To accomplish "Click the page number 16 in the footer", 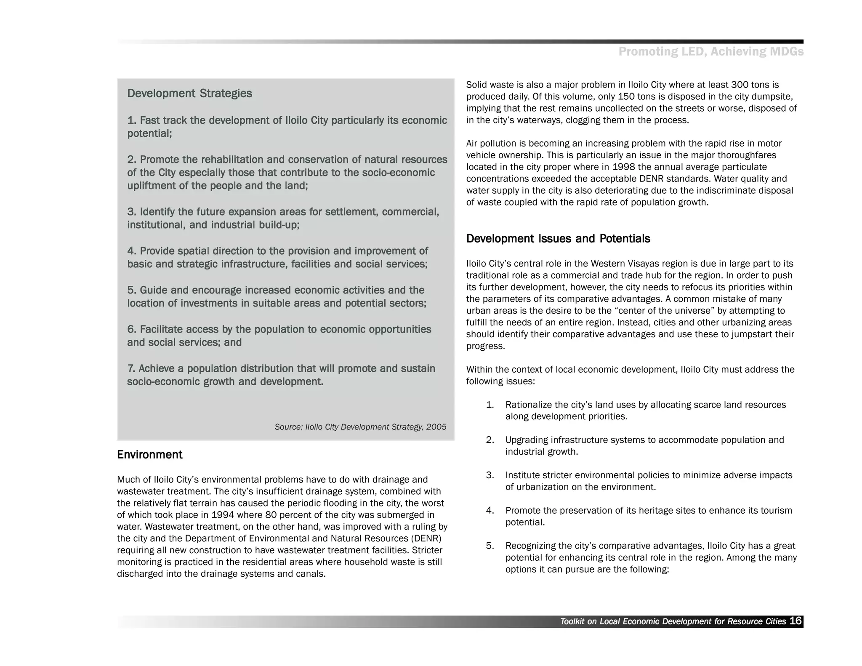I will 795,621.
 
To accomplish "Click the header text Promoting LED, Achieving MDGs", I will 710,52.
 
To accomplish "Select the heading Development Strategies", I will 189,93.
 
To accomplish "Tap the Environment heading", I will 149,455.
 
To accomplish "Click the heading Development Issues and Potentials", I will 558,239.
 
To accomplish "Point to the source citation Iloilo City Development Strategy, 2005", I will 360,427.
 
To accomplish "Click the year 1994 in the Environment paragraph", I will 223,515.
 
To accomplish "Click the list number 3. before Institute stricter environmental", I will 490,475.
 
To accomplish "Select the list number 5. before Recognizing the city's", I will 490,546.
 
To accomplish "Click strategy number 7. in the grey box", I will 131,369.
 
